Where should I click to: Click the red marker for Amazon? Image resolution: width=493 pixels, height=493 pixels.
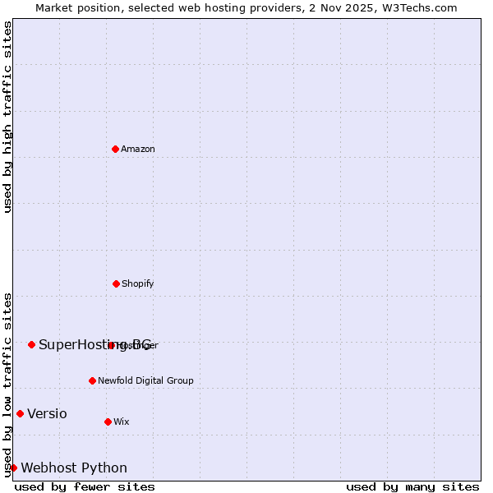pos(115,149)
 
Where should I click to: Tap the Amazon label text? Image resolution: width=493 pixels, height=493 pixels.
pos(138,149)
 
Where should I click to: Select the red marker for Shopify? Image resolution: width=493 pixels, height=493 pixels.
pos(116,283)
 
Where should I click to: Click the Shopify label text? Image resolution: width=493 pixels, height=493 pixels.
pos(138,283)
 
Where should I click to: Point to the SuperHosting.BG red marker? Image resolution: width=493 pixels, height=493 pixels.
pos(31,344)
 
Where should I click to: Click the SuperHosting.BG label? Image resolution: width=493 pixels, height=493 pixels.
pos(94,344)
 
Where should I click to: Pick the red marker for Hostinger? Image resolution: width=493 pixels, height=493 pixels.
pos(112,345)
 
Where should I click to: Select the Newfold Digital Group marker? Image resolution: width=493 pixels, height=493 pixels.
pos(92,380)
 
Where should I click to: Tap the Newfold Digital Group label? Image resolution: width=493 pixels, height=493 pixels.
pos(145,380)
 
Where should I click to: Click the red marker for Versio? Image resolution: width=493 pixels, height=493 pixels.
pos(20,413)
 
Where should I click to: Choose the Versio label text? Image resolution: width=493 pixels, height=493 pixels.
pos(47,413)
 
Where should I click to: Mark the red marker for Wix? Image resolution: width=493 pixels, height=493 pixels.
pos(108,422)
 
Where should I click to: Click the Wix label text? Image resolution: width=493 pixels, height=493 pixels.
pos(122,422)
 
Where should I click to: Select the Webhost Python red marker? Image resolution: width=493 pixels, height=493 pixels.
pos(13,468)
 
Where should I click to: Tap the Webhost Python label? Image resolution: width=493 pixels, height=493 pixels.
pos(74,468)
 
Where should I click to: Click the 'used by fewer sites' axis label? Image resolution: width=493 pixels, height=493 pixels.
pos(85,486)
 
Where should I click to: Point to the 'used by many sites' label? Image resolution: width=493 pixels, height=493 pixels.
pos(412,486)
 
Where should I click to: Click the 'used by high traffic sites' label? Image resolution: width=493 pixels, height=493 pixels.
pos(7,117)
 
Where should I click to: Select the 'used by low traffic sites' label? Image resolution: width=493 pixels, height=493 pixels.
pos(7,385)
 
